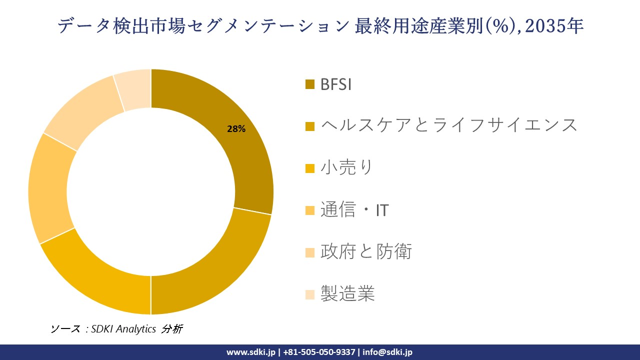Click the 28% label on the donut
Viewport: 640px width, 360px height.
pyautogui.click(x=236, y=129)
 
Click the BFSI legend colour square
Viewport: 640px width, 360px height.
pyautogui.click(x=310, y=84)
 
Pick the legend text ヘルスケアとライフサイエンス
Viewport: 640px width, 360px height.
pyautogui.click(x=448, y=125)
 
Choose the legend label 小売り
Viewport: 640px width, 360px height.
pyautogui.click(x=346, y=167)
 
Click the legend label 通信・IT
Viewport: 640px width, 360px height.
pyautogui.click(x=354, y=210)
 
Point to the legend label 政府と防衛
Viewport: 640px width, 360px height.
pyautogui.click(x=366, y=251)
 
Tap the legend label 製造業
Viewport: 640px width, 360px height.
pyautogui.click(x=347, y=293)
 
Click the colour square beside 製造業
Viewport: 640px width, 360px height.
pyautogui.click(x=310, y=294)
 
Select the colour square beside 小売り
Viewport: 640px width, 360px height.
pyautogui.click(x=310, y=168)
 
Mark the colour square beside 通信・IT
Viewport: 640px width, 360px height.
pyautogui.click(x=310, y=210)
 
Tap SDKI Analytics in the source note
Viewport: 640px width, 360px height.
pyautogui.click(x=123, y=329)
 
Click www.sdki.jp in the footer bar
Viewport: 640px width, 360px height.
pyautogui.click(x=250, y=352)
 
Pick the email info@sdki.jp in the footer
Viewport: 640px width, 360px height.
pyautogui.click(x=387, y=352)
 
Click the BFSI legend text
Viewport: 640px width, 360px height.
pyautogui.click(x=336, y=84)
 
